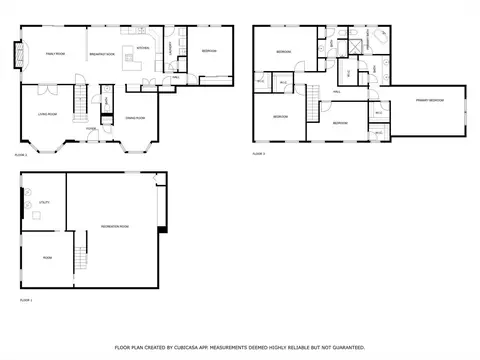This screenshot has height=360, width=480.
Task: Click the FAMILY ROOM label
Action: (54, 53)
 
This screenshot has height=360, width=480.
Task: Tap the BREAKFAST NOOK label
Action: (102, 53)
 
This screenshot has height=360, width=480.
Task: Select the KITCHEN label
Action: (143, 47)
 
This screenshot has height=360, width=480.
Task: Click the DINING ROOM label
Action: (135, 118)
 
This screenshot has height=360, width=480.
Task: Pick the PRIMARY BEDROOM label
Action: (427, 101)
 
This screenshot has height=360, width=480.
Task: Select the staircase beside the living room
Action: (79, 99)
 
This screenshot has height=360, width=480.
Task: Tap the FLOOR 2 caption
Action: (21, 155)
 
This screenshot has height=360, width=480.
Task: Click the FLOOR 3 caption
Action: (258, 154)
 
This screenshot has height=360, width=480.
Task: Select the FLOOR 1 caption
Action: (26, 299)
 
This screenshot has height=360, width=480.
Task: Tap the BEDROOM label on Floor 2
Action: (209, 51)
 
